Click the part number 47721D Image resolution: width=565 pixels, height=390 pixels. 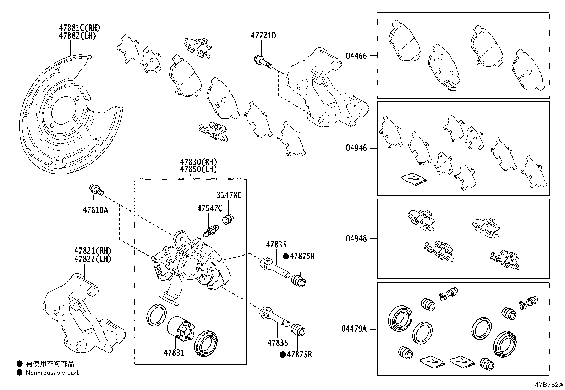pos(263,35)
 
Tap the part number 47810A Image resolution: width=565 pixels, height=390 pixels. pos(95,210)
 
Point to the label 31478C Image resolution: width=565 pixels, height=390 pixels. pos(229,195)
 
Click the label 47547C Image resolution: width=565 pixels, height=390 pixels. pos(210,208)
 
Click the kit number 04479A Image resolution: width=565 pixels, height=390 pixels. pos(354,329)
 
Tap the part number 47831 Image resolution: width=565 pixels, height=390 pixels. pos(174,353)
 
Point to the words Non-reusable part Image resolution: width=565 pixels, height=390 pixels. pos(52,373)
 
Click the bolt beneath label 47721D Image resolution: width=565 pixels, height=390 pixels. pos(263,63)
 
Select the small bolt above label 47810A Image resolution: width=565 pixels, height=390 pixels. pos(96,190)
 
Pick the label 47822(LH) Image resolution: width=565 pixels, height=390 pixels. pos(93,259)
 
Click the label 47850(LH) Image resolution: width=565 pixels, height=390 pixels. pos(198,169)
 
